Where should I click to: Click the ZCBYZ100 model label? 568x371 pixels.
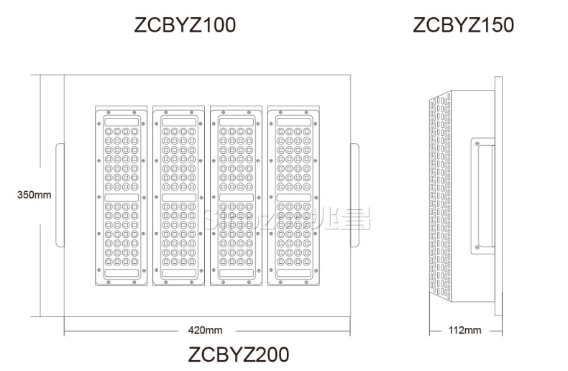coord(185,25)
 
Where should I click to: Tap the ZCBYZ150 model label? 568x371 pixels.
coord(463,25)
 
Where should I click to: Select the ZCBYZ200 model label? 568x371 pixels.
coord(238,354)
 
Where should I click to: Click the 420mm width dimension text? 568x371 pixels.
coord(205,330)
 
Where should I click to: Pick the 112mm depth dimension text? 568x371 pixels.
coord(464,330)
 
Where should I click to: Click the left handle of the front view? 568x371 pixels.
coord(60,194)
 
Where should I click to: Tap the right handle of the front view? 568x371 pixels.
coord(354,194)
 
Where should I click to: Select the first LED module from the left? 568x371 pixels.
coord(122,196)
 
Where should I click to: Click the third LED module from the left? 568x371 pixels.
coord(236,196)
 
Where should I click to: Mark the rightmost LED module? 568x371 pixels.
coord(293,196)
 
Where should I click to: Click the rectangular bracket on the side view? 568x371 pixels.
coord(482,196)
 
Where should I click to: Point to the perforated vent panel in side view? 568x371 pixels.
coord(442,196)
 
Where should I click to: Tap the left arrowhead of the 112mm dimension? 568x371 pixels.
coord(431,330)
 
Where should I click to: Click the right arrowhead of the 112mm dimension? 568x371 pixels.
coord(500,330)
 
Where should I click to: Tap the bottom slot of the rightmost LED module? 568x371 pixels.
coord(293,273)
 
